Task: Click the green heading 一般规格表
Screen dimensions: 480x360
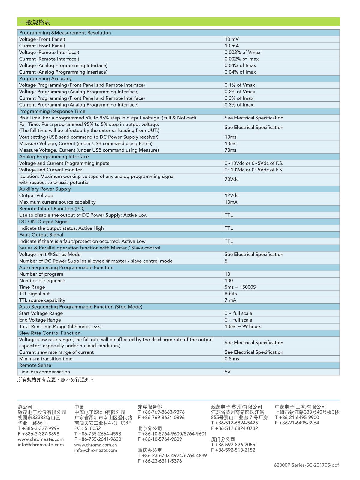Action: [35, 22]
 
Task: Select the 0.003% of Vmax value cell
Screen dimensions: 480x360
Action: [242, 53]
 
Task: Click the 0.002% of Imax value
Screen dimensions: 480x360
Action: [241, 59]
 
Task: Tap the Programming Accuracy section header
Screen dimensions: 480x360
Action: [45, 79]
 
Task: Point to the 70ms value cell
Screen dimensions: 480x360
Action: [230, 150]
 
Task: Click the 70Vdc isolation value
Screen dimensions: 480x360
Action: [231, 179]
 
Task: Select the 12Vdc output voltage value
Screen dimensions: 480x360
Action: [231, 195]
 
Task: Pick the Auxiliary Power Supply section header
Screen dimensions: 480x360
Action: [45, 189]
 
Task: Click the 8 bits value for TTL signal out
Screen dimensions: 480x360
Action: [231, 294]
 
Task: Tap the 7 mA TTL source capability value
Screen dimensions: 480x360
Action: [230, 300]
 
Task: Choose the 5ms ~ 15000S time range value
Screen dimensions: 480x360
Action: [240, 287]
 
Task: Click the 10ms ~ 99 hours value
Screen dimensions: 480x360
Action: [243, 327]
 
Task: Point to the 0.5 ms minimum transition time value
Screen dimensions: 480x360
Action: [232, 359]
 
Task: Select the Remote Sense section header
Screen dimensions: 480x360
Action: [35, 365]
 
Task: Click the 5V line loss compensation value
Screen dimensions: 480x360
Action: [227, 372]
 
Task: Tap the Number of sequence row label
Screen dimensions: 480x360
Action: [42, 281]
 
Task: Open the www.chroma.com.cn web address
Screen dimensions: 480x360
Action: [95, 445]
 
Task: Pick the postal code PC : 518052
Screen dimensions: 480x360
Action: [88, 428]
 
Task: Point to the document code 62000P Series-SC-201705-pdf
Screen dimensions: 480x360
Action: [306, 465]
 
